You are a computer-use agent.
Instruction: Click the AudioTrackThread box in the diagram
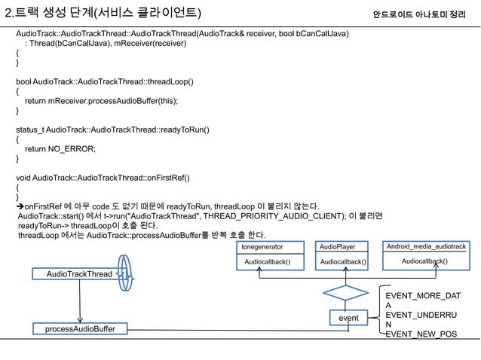click(79, 274)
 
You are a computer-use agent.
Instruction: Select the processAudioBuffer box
click(79, 329)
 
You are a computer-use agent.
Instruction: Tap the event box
click(348, 318)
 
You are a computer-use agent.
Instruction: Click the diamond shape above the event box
click(345, 291)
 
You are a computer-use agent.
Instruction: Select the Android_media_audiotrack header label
click(426, 246)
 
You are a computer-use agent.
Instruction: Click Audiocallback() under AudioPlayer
click(342, 261)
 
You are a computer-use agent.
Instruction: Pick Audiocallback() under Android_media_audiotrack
click(424, 261)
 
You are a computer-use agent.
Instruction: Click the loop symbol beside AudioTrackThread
click(125, 274)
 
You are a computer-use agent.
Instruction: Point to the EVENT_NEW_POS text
click(421, 334)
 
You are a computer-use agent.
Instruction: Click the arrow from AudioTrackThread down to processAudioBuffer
click(79, 301)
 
